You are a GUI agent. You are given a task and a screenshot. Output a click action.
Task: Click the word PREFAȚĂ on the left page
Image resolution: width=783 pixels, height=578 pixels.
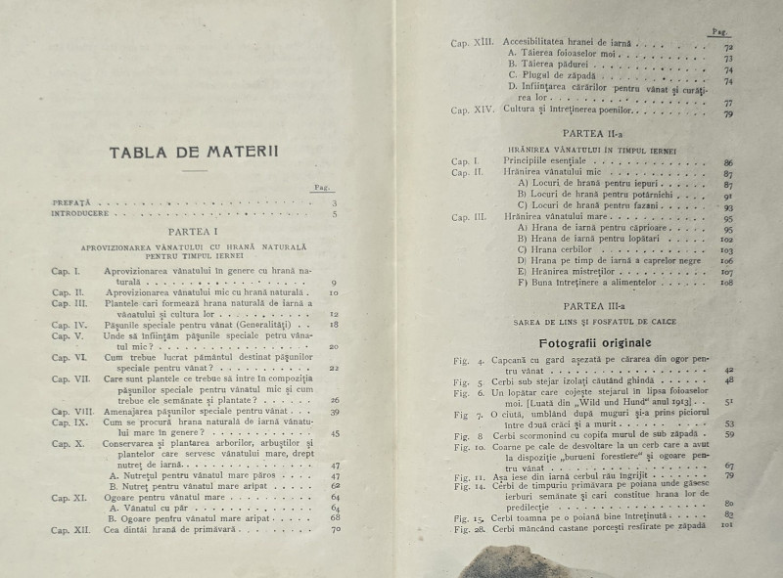(72, 203)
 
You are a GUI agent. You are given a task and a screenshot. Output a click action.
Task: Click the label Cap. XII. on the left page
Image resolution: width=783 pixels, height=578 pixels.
(71, 529)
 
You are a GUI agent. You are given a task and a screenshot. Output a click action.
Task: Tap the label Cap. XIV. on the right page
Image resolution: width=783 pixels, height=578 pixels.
(475, 111)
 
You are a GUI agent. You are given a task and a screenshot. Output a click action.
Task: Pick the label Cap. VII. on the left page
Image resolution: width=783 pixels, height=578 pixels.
(70, 378)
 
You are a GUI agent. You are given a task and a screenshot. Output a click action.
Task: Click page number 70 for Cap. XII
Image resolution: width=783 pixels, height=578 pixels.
(335, 529)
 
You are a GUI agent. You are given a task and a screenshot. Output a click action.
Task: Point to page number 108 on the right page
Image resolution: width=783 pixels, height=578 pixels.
(726, 283)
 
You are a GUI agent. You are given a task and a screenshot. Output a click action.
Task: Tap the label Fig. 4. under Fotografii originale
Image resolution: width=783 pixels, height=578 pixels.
(471, 361)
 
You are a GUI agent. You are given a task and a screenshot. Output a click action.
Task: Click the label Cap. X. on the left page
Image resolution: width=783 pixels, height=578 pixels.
(68, 444)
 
